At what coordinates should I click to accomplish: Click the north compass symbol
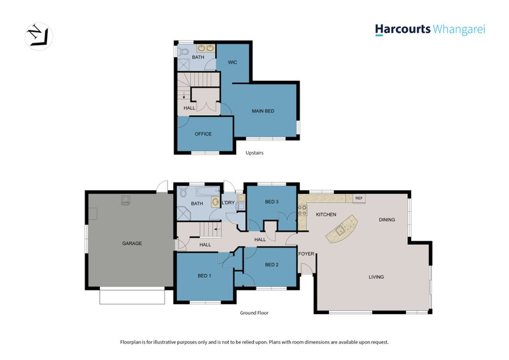coord(39,36)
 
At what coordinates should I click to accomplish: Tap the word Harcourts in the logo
coord(403,29)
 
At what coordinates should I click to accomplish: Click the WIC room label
coord(232,62)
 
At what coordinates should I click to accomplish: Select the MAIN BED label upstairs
coord(263,111)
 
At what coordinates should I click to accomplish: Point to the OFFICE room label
coord(203,134)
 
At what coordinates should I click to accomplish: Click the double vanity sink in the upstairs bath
coord(206,48)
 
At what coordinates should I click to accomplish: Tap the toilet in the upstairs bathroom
coord(183,52)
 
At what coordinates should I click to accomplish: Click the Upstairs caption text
coord(254,153)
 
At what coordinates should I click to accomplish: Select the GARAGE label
coord(132,243)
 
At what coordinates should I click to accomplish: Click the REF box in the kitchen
coord(359,198)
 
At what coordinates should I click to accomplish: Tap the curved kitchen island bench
coord(342,229)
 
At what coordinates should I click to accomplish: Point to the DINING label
coord(387,220)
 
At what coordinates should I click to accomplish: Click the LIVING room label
coord(376,277)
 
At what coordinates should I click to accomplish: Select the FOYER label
coord(306,254)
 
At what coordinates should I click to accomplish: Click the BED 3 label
coord(272,202)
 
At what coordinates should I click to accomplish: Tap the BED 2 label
coord(272,265)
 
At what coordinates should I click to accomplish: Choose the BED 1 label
coord(204,275)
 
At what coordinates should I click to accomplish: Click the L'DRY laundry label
coord(228,202)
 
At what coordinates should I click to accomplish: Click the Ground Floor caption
coord(254,313)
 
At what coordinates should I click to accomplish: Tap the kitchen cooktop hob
coord(302,210)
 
